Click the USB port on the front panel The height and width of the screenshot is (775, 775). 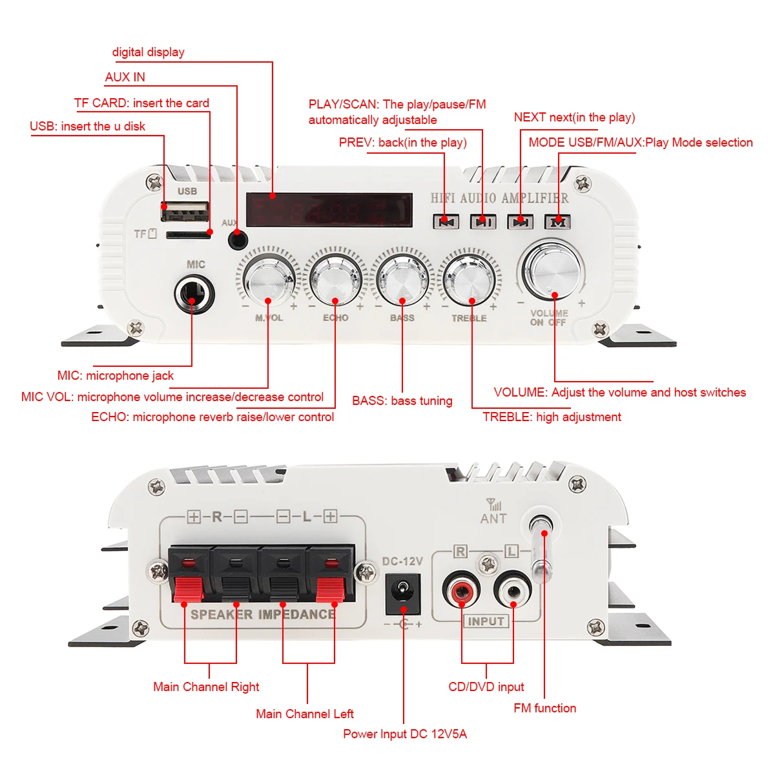(x=185, y=211)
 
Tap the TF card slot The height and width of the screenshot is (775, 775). (x=188, y=235)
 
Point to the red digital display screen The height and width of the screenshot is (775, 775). (x=329, y=210)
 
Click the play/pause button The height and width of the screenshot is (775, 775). (x=482, y=222)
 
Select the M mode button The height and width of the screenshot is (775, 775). (x=558, y=222)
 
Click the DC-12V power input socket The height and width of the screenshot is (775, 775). (x=403, y=595)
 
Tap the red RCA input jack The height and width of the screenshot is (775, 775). (x=461, y=590)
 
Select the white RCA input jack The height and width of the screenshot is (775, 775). (x=513, y=590)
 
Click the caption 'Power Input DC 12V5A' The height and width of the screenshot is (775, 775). (x=405, y=734)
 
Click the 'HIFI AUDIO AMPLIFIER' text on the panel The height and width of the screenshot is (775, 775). (x=500, y=198)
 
